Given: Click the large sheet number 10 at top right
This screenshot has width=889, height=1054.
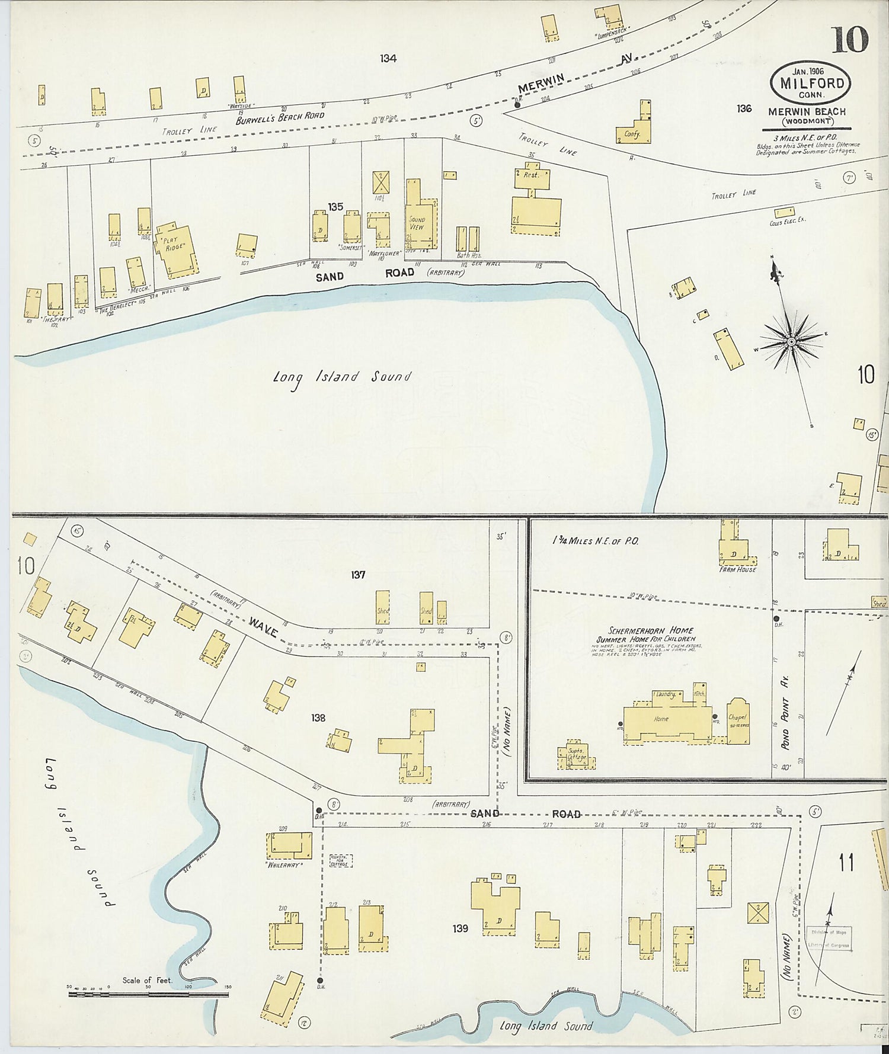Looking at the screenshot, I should point(849,40).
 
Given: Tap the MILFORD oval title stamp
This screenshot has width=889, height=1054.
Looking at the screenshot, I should point(811,84).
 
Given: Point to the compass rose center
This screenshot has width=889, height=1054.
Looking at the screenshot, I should point(791,342).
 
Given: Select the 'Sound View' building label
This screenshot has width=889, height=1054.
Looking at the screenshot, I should point(417,223).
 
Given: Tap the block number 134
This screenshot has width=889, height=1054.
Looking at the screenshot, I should point(388,59).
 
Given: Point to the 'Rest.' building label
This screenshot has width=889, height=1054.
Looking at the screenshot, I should point(530,175).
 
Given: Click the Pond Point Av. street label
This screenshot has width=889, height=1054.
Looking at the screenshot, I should point(786,723).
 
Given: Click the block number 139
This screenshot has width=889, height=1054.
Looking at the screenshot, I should point(461,928).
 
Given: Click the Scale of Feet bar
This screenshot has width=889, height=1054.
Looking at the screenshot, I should point(148,994).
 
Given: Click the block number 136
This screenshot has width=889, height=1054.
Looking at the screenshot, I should point(744,108).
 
